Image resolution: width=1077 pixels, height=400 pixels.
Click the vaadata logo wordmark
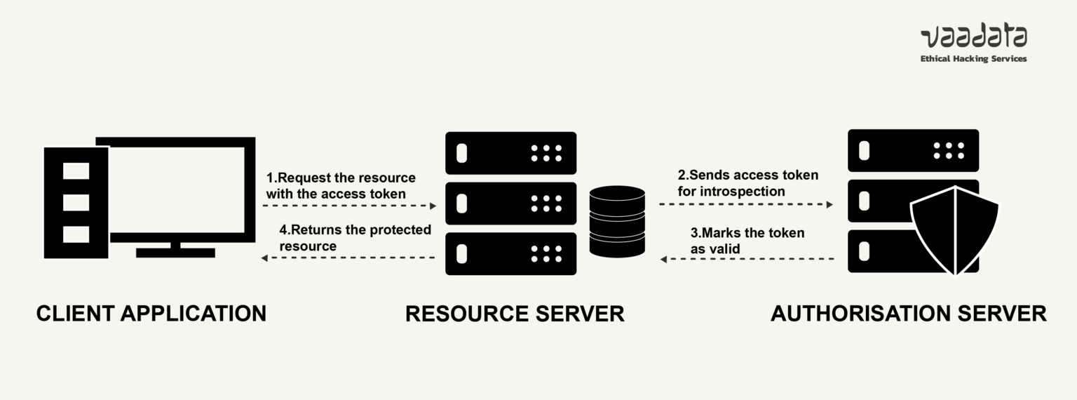click(973, 37)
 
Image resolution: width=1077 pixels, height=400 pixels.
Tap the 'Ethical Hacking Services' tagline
click(973, 59)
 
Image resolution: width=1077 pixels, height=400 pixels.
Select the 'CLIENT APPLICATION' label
click(151, 313)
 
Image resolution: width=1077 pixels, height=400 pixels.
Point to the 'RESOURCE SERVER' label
click(515, 313)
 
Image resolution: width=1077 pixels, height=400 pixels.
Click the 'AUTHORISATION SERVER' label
click(908, 313)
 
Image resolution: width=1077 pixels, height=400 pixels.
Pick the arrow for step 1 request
click(349, 206)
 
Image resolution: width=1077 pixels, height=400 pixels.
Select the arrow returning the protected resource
click(349, 258)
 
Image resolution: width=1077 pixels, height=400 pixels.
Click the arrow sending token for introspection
click(746, 205)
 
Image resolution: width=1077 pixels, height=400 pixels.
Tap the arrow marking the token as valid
click(746, 260)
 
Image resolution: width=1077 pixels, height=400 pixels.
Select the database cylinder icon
click(617, 221)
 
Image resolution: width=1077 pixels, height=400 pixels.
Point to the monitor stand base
click(175, 252)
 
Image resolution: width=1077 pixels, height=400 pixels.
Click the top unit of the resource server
click(511, 153)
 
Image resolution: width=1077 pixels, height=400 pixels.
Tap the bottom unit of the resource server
click(511, 253)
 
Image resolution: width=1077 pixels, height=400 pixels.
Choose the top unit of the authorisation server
click(913, 150)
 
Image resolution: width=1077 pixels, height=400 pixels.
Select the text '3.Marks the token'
click(747, 233)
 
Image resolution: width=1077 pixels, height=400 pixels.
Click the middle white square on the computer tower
click(76, 202)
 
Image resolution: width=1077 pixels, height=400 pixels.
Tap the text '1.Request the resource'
click(341, 178)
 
